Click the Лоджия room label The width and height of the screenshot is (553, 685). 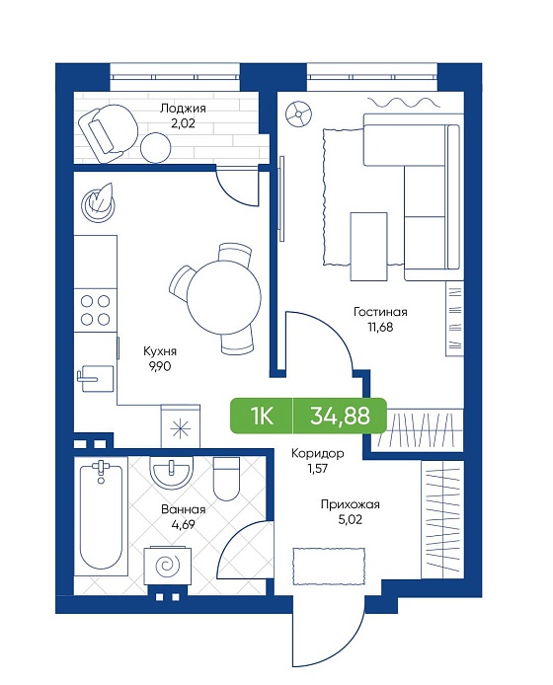(183, 108)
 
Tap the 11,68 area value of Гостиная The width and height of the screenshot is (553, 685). (380, 327)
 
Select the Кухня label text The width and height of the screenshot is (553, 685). (160, 351)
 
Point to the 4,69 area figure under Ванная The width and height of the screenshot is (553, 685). (183, 525)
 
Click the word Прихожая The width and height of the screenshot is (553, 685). (351, 505)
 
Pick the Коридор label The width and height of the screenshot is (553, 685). (317, 453)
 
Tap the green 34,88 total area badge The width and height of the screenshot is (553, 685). (340, 416)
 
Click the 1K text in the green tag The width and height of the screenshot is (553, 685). (262, 416)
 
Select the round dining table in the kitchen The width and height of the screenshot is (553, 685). (224, 297)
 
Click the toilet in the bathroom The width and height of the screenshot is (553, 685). (226, 479)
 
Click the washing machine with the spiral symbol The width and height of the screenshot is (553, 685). (168, 566)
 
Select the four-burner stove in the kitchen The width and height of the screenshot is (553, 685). (96, 310)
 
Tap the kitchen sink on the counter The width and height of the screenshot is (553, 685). (96, 378)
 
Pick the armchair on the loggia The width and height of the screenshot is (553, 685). (107, 133)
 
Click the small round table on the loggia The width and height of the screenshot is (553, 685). (156, 147)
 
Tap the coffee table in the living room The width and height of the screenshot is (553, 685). (368, 247)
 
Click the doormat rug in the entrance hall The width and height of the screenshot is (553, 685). (329, 567)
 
